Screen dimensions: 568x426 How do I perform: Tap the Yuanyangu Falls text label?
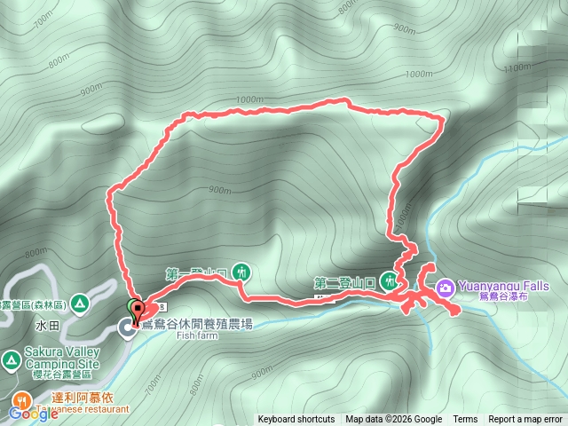click(502, 286)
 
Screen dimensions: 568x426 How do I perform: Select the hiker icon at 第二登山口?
click(388, 281)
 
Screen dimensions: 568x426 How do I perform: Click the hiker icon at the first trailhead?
click(241, 271)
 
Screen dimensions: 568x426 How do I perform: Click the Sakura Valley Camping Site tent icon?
click(11, 359)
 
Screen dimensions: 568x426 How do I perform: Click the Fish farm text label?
click(196, 335)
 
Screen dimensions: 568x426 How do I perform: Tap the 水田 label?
click(47, 326)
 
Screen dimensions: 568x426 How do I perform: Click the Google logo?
click(33, 414)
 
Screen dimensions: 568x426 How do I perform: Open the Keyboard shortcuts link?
click(296, 420)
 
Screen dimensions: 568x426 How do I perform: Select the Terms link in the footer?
click(465, 420)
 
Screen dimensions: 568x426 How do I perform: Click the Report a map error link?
click(526, 420)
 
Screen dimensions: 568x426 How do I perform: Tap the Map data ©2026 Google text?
click(394, 420)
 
